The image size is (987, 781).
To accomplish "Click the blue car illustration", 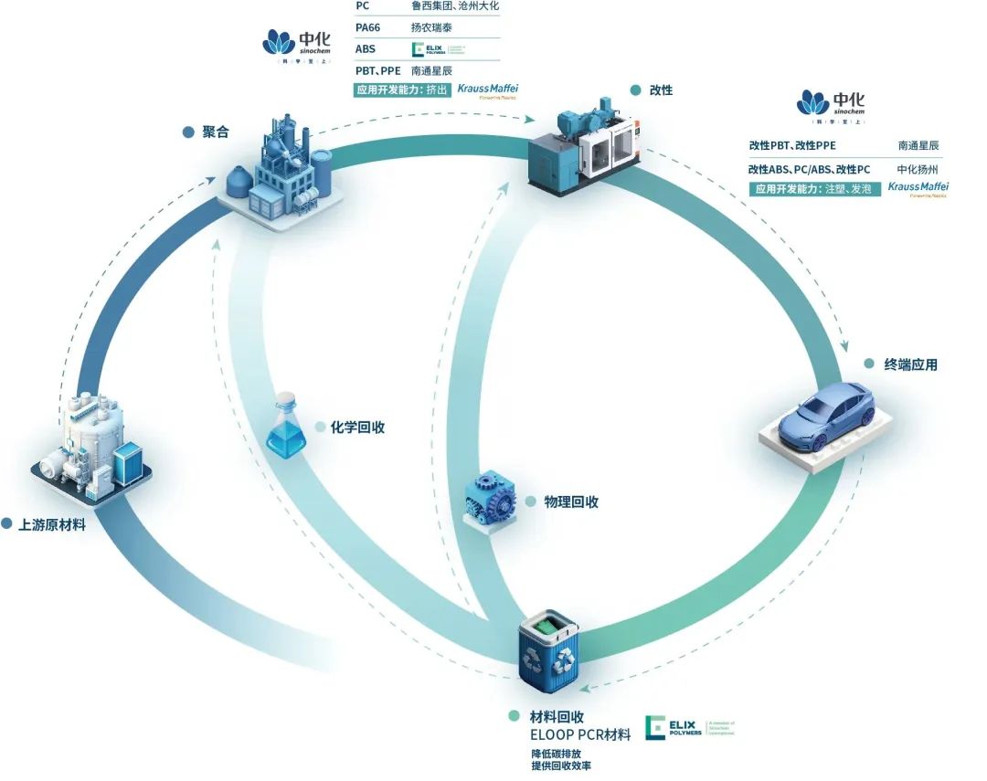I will point(818,422).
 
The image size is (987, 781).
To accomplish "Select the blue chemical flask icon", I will point(286,426).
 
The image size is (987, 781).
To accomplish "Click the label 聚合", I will point(216,132).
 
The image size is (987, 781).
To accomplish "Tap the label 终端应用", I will point(910,364).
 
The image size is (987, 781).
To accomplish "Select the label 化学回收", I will point(357,427).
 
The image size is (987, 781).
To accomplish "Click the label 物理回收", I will point(571,501).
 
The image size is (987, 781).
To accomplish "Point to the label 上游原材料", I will point(52,525).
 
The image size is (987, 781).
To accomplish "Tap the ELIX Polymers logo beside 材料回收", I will point(690,728).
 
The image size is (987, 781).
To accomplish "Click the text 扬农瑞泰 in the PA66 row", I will point(432,27).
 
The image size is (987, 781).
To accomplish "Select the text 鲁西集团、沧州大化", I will point(455,6).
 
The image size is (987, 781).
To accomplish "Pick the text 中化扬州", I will point(918,169).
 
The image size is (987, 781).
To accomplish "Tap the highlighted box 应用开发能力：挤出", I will point(403,90).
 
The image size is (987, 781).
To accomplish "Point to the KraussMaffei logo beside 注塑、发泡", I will point(918,189).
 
